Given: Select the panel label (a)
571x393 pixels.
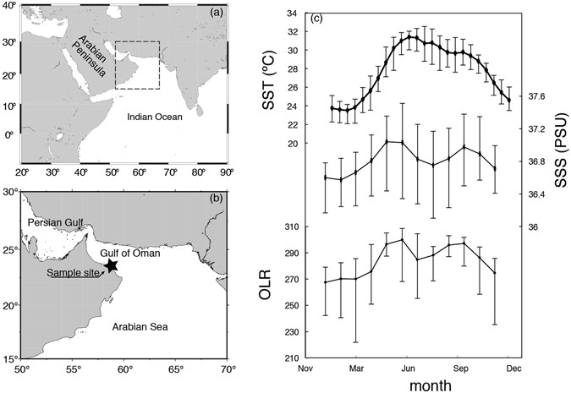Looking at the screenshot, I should point(216,16).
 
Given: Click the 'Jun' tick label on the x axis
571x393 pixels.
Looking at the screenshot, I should point(409,368).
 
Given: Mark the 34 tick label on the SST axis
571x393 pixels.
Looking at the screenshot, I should point(290,14).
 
